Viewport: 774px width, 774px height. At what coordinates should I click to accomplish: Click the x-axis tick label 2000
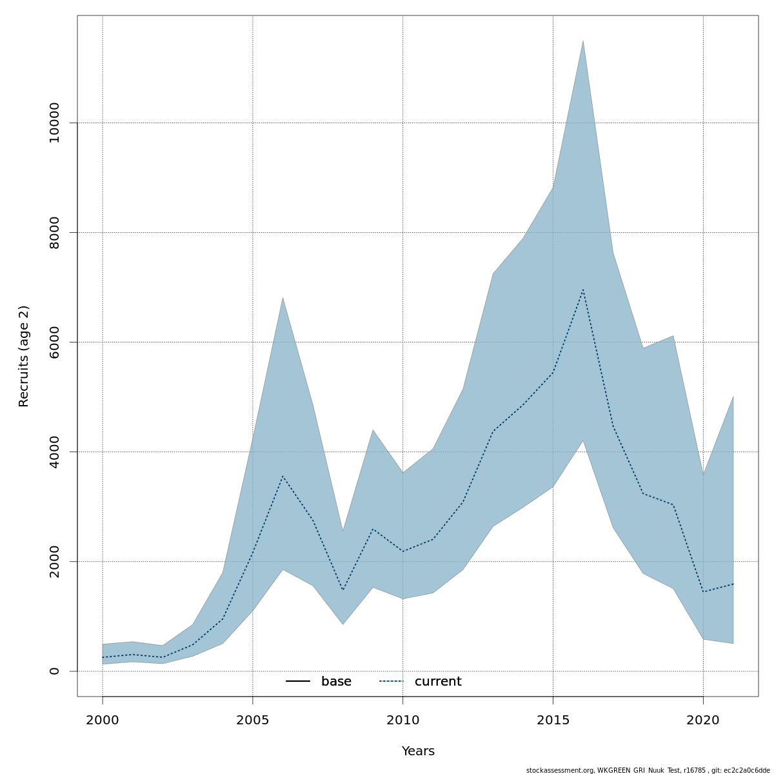pos(103,720)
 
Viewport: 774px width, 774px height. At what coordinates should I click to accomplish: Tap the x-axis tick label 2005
pos(252,720)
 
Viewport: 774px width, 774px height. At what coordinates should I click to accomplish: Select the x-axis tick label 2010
pos(402,720)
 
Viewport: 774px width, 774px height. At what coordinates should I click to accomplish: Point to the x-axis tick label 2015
pos(553,720)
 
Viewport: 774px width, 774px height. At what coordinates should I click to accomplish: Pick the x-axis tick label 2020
pos(703,720)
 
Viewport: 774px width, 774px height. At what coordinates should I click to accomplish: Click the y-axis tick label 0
pos(54,671)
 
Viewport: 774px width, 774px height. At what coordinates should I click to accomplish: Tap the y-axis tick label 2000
pos(54,561)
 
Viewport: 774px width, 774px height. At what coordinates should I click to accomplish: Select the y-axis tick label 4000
pos(54,451)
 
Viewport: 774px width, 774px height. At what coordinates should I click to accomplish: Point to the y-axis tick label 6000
pos(54,342)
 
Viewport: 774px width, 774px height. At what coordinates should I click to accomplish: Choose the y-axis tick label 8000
pos(54,232)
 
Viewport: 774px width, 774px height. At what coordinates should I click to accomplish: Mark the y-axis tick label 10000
pos(54,123)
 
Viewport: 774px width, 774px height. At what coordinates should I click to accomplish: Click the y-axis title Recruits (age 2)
pos(24,356)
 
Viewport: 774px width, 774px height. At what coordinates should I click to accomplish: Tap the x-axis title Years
pos(418,751)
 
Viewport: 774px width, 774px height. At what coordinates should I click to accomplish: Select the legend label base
pos(336,682)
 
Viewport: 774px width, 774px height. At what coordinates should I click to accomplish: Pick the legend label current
pos(438,682)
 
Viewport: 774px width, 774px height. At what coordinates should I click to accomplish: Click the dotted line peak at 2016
pos(583,290)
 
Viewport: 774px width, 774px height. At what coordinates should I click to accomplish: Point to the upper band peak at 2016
pos(583,41)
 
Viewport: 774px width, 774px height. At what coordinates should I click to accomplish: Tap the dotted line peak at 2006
pos(283,476)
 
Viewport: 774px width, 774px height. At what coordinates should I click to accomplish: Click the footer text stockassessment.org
pos(559,770)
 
